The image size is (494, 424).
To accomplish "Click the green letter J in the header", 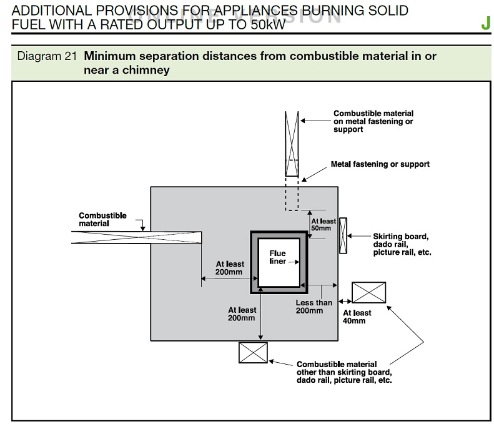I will pos(485,24).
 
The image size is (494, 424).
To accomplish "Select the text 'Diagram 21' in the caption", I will pos(47,56).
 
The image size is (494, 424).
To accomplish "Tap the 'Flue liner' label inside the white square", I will pos(277,257).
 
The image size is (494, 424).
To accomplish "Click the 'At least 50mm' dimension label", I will pos(323,225).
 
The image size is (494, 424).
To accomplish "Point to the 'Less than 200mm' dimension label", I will pos(314,307).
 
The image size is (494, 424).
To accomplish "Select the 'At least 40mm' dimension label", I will pos(357,317).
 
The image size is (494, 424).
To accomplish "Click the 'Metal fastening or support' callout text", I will pos(380,164).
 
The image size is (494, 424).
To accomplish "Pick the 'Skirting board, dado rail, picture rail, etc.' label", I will pos(402,245).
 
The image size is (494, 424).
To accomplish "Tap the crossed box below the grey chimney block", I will pos(253,352).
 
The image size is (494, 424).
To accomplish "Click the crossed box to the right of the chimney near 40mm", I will pos(368,292).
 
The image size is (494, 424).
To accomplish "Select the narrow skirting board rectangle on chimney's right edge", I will pos(342,236).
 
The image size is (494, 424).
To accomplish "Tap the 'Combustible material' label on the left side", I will pos(102,219).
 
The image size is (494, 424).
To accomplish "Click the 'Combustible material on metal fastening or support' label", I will pos(373,121).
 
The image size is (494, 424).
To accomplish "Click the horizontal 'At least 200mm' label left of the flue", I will pos(229,268).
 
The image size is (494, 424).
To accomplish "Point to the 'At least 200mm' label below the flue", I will pos(242,313).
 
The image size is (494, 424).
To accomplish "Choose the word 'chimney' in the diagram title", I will pos(148,70).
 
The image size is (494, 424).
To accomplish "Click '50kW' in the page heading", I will pos(267,24).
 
